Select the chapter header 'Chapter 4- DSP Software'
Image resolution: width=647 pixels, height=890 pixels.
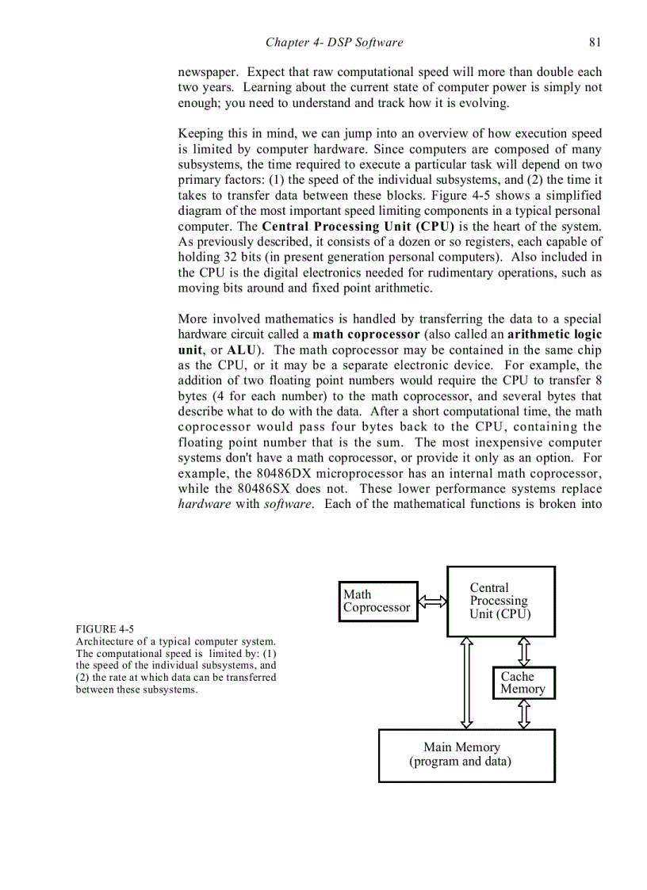tap(334, 42)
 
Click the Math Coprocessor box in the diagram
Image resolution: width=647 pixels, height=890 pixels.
tap(377, 601)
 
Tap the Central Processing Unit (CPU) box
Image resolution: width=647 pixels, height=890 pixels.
tap(500, 601)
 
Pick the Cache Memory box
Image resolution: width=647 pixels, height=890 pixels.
tap(523, 682)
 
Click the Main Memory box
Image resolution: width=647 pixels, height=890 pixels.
tap(466, 754)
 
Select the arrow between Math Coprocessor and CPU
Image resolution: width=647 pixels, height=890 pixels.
tap(432, 602)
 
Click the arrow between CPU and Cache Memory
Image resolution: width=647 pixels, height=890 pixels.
tap(523, 651)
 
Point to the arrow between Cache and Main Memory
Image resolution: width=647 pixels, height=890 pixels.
tap(523, 713)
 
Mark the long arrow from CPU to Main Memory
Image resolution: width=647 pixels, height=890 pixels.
tap(467, 682)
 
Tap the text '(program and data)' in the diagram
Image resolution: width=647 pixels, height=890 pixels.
tap(460, 762)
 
